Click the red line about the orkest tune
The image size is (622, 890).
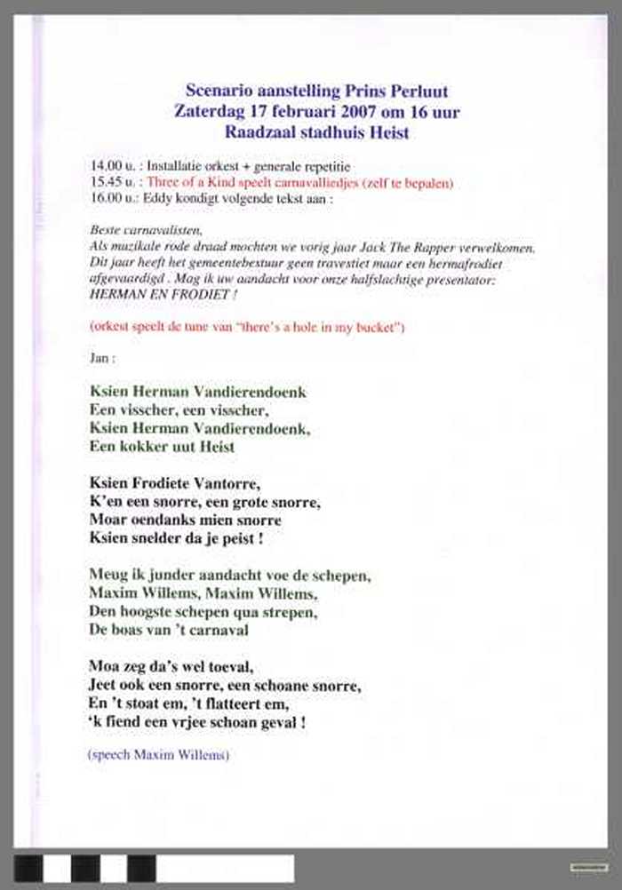coord(247,327)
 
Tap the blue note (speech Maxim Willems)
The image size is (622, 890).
coord(159,756)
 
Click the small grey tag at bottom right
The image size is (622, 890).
coord(589,866)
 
